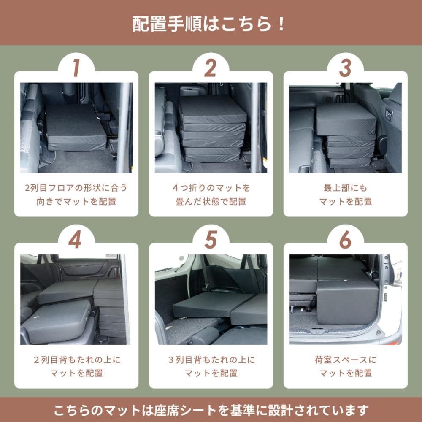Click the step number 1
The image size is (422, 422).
click(x=76, y=68)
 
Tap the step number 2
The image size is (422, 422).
click(x=211, y=68)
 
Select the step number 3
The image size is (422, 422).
click(x=345, y=68)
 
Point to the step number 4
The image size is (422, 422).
click(x=75, y=240)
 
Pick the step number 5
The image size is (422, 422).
click(x=211, y=240)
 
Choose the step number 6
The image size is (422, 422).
click(x=345, y=240)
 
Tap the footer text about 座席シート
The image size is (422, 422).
click(x=211, y=410)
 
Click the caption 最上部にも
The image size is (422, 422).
click(x=345, y=188)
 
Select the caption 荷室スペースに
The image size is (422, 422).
click(x=345, y=360)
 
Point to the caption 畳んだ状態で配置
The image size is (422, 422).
click(x=211, y=202)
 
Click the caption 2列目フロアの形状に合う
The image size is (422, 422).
click(x=76, y=188)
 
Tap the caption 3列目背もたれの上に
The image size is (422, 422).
click(x=211, y=360)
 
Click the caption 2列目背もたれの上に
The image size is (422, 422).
click(x=77, y=360)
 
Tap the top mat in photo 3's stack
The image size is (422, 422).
click(x=346, y=119)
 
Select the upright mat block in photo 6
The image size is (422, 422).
click(x=347, y=302)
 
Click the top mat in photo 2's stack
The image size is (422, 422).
click(x=212, y=110)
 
